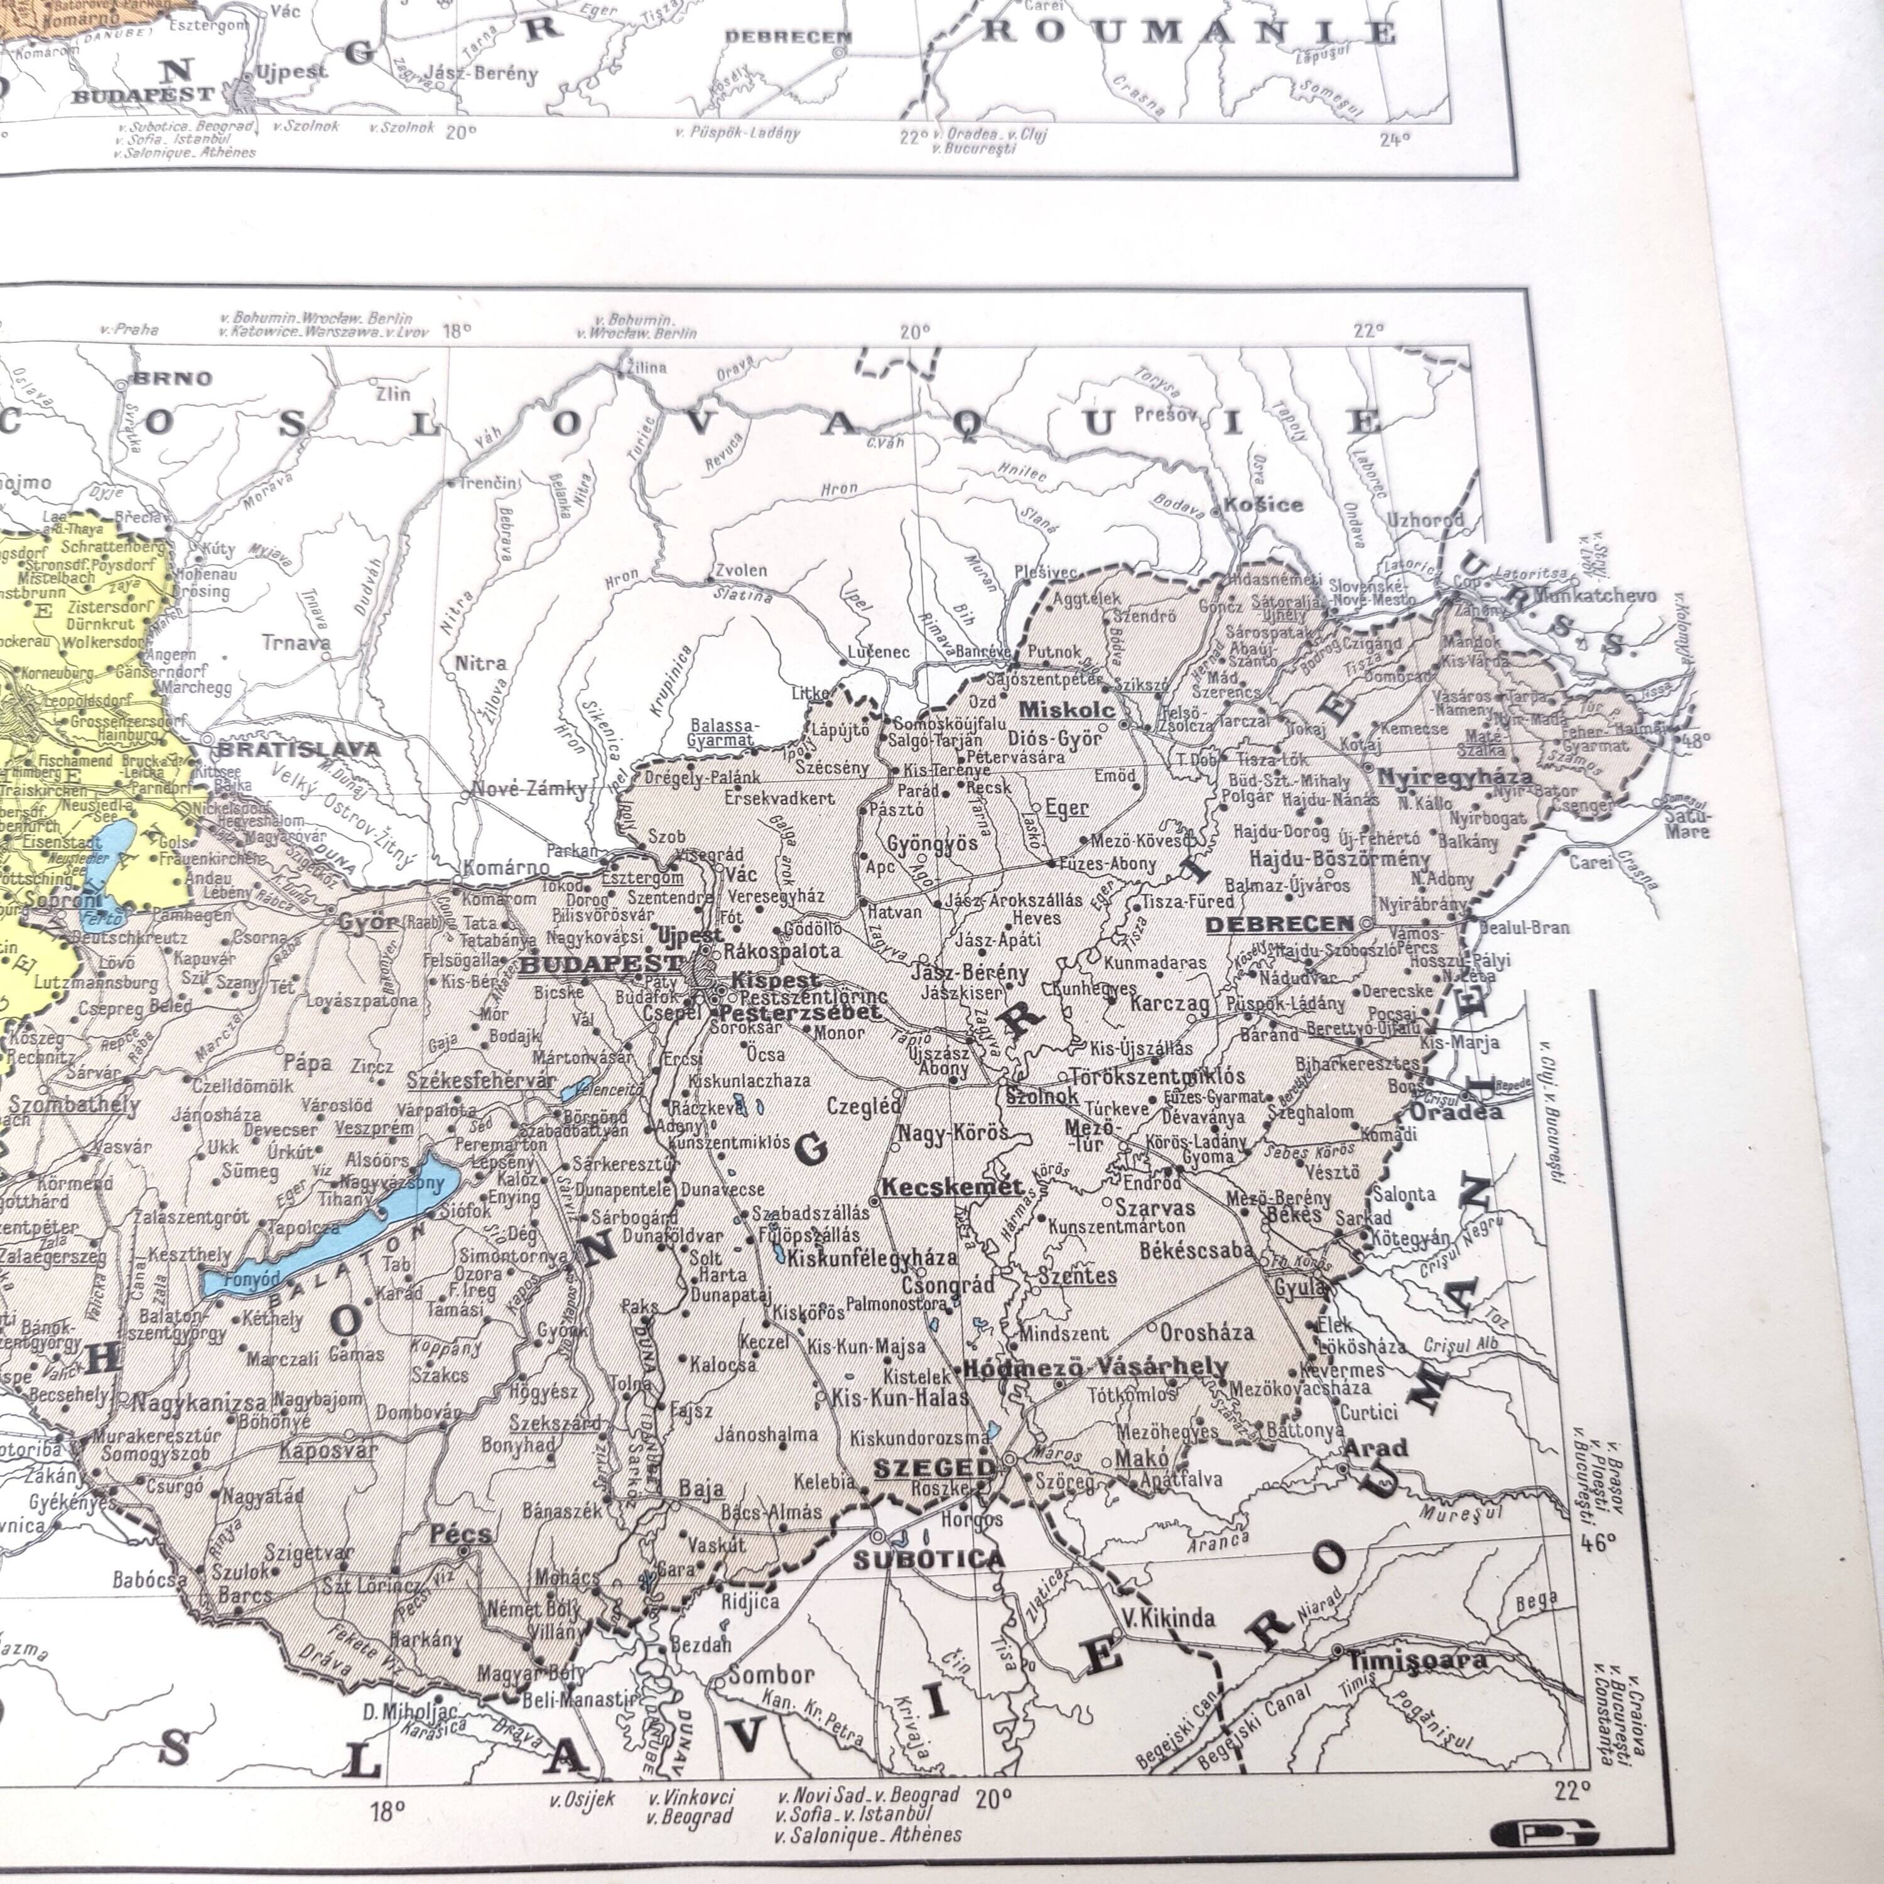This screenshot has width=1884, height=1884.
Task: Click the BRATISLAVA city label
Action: [298, 749]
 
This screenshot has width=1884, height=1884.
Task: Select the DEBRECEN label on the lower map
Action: [1279, 923]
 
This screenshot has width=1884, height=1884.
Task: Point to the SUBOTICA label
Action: [928, 1558]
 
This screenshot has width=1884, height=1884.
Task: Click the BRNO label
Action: [173, 378]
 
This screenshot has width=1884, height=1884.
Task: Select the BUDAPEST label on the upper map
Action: [143, 95]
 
